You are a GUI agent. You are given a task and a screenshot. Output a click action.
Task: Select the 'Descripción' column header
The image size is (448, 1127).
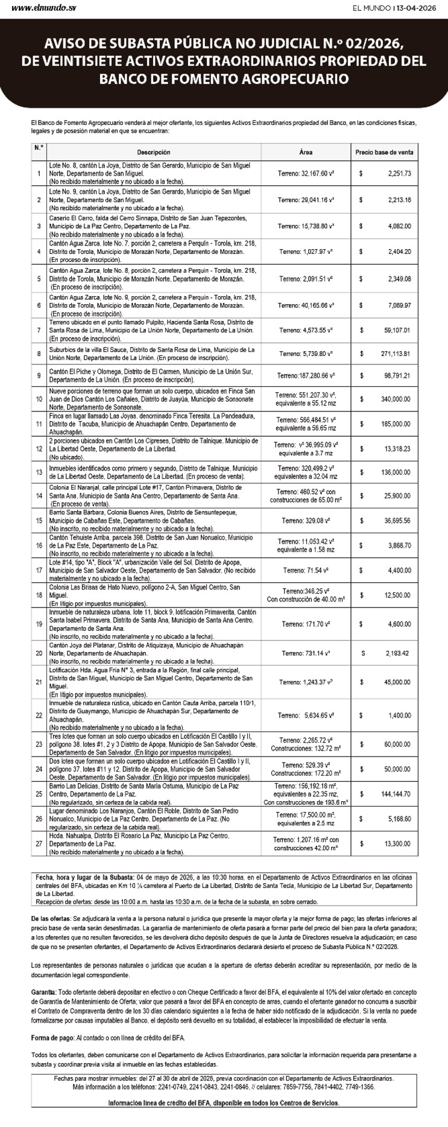coord(153,153)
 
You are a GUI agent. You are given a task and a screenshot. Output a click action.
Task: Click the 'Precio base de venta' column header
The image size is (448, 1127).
coord(384,153)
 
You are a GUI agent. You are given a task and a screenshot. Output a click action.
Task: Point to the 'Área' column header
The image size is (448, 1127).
coord(306,153)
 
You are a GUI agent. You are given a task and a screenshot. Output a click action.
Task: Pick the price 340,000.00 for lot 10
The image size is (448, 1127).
coord(395,399)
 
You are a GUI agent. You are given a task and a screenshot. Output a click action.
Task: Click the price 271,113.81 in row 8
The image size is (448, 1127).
coord(395,354)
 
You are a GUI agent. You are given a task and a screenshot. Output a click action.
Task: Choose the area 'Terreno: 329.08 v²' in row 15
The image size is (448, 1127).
coord(306,520)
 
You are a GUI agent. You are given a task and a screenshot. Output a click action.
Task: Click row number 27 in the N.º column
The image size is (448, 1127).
coord(39,844)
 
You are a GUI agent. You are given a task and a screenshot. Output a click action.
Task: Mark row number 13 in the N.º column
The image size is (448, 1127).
coord(39,472)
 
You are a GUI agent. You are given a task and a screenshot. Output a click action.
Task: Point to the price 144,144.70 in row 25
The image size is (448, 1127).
coord(395,795)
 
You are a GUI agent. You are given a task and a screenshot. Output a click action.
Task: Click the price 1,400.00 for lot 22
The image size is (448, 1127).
coord(399,716)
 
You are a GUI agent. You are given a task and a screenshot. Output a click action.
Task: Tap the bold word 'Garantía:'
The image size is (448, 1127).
coord(43,992)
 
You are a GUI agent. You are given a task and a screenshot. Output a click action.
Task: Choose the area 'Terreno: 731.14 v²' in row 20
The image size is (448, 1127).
coord(306,653)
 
